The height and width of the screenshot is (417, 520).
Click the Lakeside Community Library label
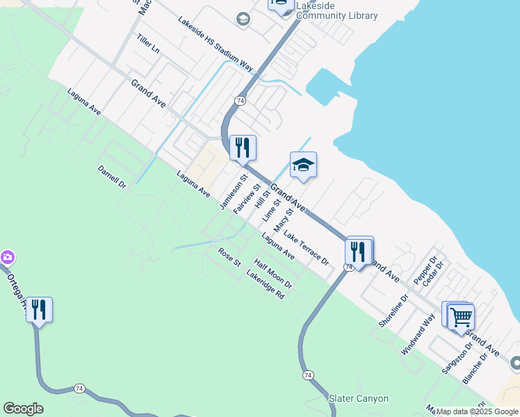tap(336, 10)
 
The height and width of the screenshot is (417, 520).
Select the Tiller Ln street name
tap(148, 44)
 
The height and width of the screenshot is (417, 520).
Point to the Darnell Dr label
tap(111, 177)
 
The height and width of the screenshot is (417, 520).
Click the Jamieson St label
tap(234, 193)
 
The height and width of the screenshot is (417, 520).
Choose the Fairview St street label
tap(247, 199)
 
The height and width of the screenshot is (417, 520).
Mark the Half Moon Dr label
tap(273, 274)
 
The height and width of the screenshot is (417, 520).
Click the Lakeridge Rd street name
tap(266, 284)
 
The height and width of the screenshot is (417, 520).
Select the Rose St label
tap(229, 257)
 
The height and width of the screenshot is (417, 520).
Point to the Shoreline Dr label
tap(393, 311)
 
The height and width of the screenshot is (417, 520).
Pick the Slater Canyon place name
tap(358, 398)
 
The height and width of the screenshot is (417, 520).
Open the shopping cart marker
tap(461, 318)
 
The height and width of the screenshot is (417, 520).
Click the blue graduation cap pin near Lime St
tap(303, 166)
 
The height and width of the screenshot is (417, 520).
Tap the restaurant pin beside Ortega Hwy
tap(40, 310)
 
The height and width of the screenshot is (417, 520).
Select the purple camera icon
tap(7, 258)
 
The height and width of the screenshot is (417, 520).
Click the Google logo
tap(23, 409)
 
